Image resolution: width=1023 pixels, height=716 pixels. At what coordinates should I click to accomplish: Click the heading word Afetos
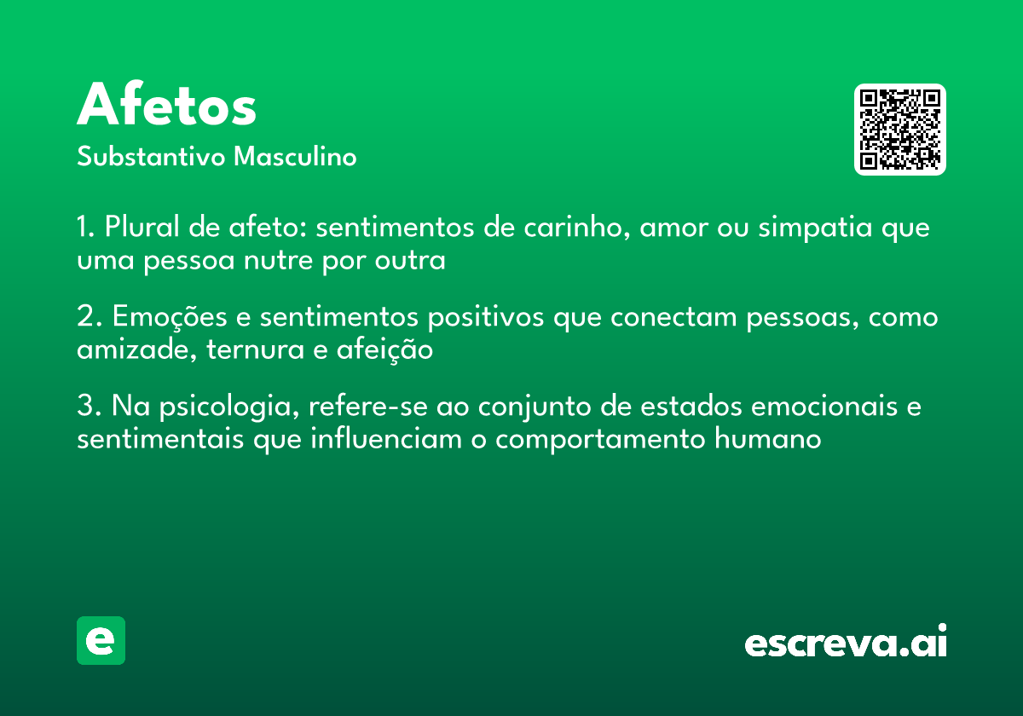pos(167,107)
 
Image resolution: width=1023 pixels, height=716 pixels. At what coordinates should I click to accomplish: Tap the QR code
pos(900,130)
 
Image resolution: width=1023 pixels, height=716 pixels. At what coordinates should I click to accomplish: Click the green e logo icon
pos(101,640)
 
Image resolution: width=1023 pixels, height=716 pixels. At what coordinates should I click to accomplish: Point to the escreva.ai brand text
pos(846,643)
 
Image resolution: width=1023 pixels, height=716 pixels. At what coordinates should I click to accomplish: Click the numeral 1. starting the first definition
pos(85,228)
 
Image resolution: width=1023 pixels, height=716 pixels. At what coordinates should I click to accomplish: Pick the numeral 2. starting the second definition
pos(87,317)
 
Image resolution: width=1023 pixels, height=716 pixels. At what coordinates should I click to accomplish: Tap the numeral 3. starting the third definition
pos(87,407)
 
